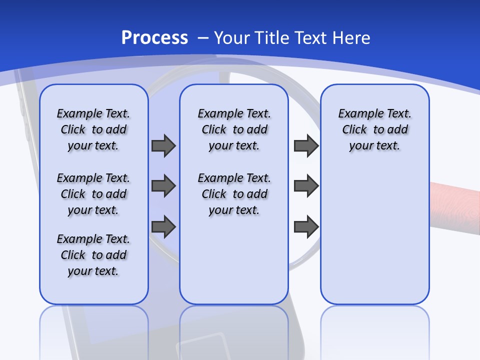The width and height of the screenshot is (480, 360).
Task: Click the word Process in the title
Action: (154, 38)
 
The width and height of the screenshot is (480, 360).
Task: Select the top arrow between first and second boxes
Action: (163, 145)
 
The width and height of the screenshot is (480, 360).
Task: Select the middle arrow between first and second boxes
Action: (163, 186)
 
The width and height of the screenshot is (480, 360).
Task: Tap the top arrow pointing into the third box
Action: (306, 145)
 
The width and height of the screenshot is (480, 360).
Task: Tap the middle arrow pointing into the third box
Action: (306, 186)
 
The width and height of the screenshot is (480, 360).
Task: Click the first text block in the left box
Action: (93, 129)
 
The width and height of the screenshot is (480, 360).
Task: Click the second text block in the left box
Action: (93, 194)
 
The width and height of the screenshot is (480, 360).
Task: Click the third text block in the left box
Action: (93, 255)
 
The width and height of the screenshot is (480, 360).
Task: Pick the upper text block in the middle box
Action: (234, 129)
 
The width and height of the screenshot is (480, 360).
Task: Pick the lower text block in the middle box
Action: (234, 194)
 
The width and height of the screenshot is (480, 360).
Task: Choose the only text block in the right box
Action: (374, 129)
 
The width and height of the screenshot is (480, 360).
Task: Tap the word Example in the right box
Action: (356, 113)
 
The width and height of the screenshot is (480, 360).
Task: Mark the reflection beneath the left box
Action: (93, 330)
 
